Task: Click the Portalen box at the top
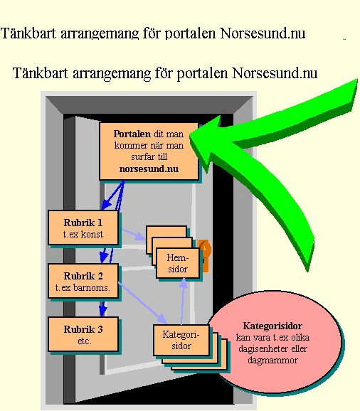click(149, 151)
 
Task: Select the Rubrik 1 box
click(83, 228)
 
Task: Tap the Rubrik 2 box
click(83, 281)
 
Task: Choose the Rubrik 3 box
click(83, 334)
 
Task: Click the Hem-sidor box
click(177, 263)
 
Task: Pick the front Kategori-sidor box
click(181, 340)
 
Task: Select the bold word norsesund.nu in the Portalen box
click(149, 169)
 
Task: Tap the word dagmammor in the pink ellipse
click(272, 360)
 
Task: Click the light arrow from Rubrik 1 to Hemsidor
click(134, 235)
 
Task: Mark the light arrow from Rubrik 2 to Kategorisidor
click(142, 303)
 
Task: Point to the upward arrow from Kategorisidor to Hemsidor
click(183, 301)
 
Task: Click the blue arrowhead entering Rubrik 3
click(102, 311)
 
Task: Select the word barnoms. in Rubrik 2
click(91, 287)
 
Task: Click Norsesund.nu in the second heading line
click(275, 73)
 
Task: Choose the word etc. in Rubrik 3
click(85, 341)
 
